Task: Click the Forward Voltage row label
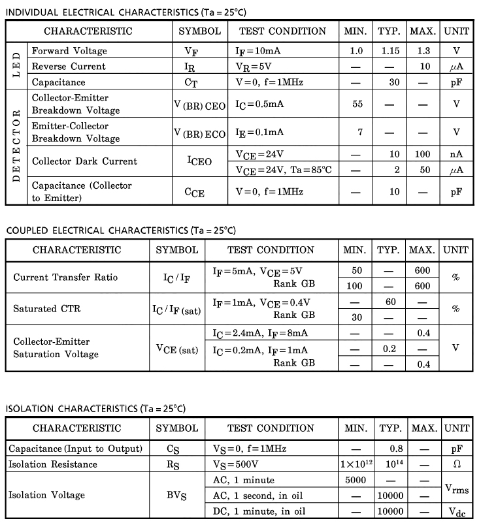tap(69, 51)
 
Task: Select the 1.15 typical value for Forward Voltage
tap(390, 51)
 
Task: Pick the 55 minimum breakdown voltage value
tap(357, 104)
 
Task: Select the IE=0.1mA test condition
tap(259, 132)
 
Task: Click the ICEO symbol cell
tap(199, 161)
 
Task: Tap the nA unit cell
tap(456, 154)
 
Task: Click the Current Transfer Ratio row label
tap(65, 278)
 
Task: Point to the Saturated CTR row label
tap(47, 309)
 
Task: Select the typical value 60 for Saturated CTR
tap(390, 302)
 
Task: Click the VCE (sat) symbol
tap(176, 349)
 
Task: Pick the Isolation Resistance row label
tap(53, 464)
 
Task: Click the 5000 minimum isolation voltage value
tap(357, 480)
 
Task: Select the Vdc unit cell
tap(456, 511)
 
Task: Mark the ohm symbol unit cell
tap(456, 464)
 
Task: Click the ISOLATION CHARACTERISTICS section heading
tap(96, 409)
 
